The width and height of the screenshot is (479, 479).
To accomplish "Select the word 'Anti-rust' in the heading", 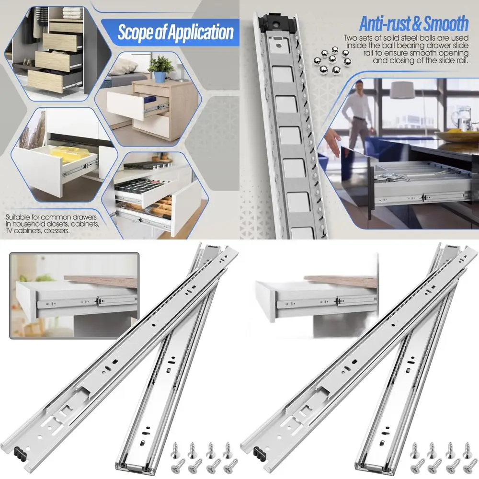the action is [x=386, y=23].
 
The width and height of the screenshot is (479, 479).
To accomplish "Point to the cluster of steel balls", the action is [x=333, y=60].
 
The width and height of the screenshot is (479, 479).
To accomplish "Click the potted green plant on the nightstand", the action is [x=160, y=68].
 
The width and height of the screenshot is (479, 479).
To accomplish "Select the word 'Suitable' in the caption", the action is [x=18, y=217].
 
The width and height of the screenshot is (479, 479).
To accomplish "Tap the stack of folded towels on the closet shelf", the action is [x=72, y=13].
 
